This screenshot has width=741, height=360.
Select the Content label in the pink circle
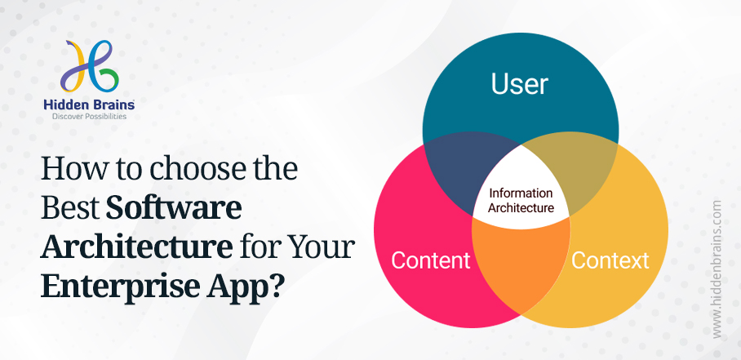coord(430,260)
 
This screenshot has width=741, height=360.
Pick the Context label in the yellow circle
coord(610,260)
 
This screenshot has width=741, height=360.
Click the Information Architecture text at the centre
coord(521,200)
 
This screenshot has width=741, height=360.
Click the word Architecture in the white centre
coord(521,207)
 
